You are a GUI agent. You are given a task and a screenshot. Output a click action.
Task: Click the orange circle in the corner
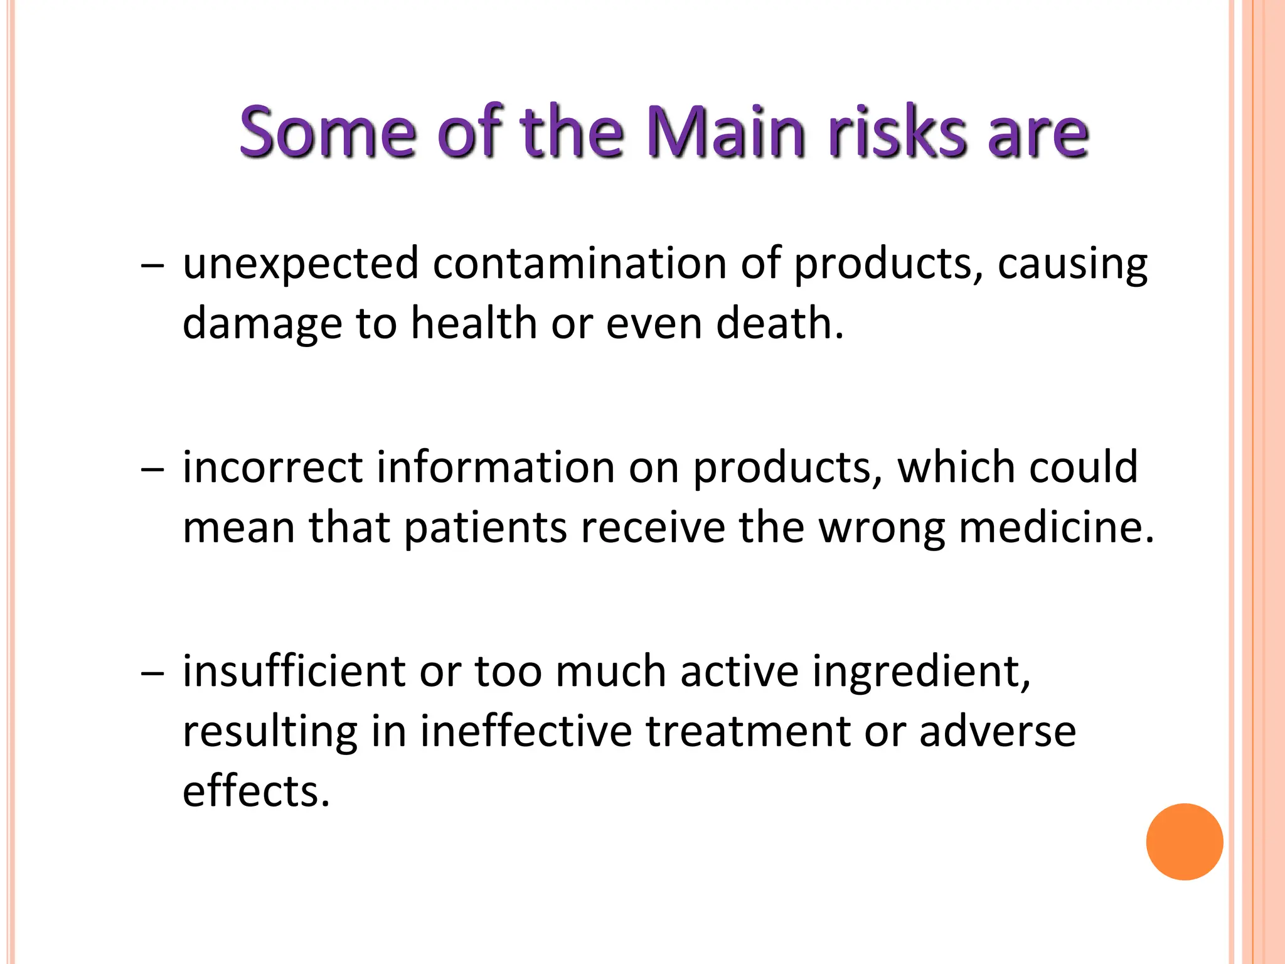click(1184, 842)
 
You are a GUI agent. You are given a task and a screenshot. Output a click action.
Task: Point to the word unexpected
click(301, 264)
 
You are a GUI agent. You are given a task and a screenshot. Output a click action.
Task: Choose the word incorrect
click(272, 468)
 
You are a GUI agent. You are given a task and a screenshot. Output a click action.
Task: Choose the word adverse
click(998, 731)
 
